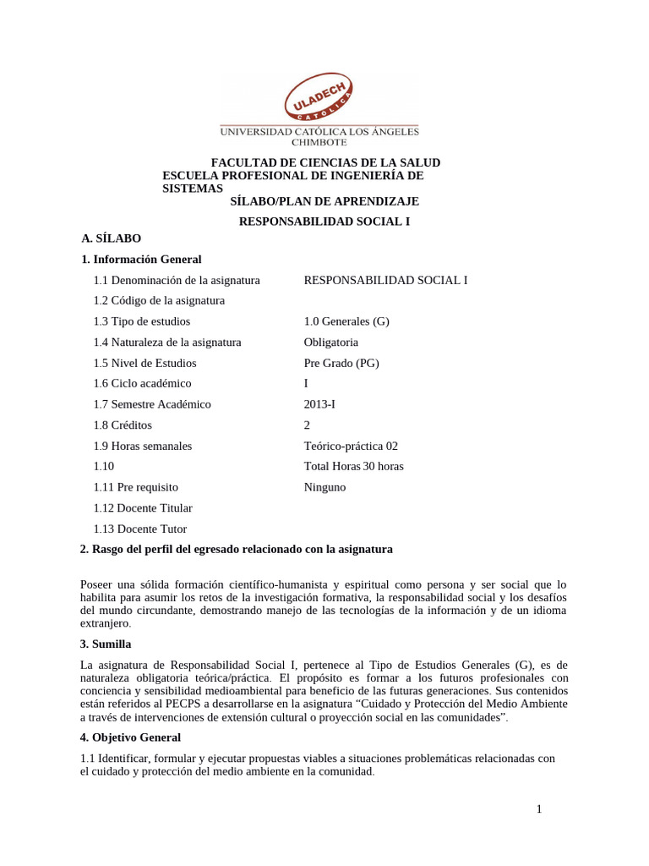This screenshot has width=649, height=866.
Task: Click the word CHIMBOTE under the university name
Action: click(319, 143)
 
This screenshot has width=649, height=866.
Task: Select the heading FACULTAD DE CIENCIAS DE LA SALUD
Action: click(325, 162)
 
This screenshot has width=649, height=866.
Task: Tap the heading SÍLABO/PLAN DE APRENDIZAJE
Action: click(324, 201)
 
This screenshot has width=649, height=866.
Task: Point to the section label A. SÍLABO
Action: click(111, 239)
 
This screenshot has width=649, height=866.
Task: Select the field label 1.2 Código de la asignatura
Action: click(159, 301)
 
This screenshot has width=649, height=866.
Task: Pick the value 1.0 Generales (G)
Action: click(346, 321)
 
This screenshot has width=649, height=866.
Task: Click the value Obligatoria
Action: click(330, 343)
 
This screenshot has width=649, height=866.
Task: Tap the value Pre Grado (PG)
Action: click(341, 363)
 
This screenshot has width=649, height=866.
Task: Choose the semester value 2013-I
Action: click(320, 404)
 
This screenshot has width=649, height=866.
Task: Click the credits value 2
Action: click(307, 425)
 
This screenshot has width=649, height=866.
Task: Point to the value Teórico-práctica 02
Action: click(350, 446)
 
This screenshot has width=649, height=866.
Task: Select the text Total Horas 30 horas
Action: click(353, 467)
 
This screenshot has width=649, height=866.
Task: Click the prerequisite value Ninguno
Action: click(324, 487)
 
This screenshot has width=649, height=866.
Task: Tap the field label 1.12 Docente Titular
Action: click(143, 508)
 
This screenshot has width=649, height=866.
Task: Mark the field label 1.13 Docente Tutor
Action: click(140, 529)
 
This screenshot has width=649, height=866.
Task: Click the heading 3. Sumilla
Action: click(112, 644)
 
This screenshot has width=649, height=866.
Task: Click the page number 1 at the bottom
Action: click(538, 810)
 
